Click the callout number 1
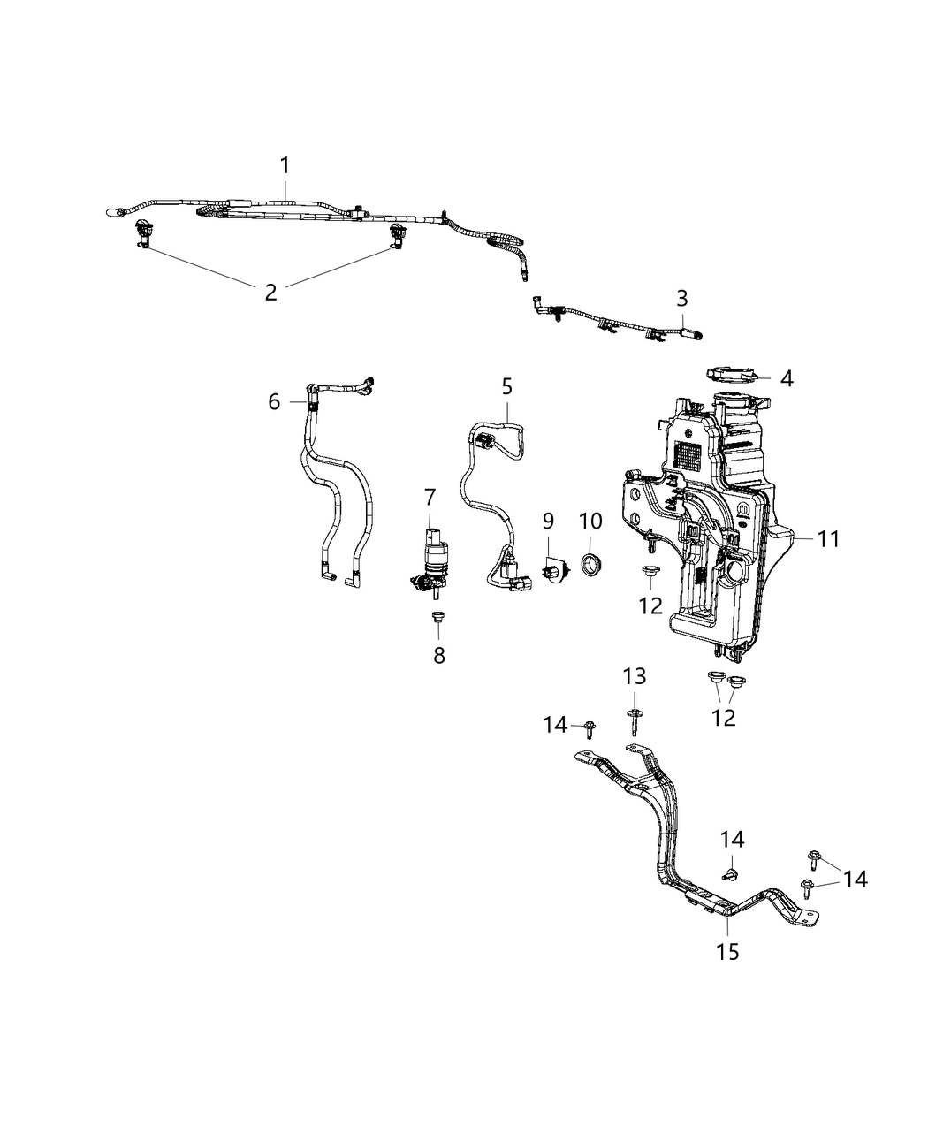tap(285, 165)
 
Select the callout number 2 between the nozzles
tap(270, 292)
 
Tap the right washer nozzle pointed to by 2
tap(397, 236)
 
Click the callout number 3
tap(681, 298)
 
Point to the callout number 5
tap(506, 386)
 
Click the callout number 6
tap(274, 402)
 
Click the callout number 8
tap(438, 655)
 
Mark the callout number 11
tap(828, 538)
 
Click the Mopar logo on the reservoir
tap(742, 513)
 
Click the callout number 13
tap(634, 677)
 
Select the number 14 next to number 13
tap(555, 725)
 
